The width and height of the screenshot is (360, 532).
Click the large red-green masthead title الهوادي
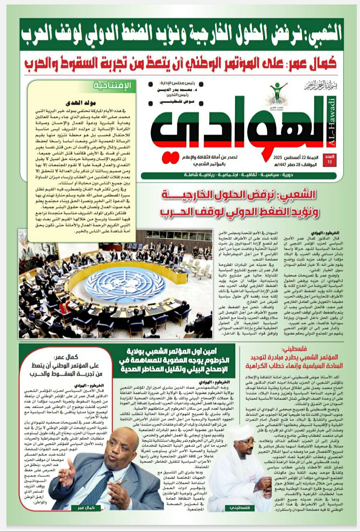[235, 125]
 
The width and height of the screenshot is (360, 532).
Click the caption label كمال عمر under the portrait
[86, 508]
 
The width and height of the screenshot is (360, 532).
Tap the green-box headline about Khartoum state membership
[174, 360]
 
